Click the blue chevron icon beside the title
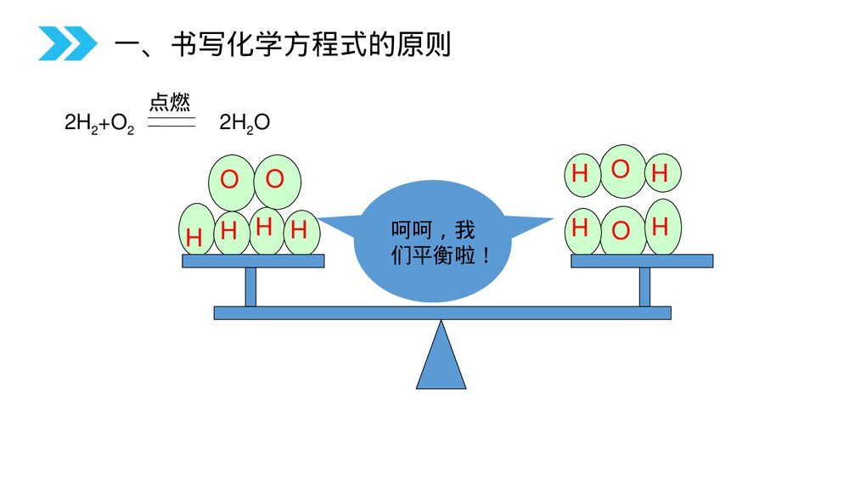pos(67,43)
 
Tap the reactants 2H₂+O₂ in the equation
pos(99,123)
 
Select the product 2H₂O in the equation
pos(245,123)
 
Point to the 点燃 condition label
pos(170,104)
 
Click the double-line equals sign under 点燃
pos(171,124)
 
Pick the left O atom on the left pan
pos(229,180)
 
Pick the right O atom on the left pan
pos(275,179)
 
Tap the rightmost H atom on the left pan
pos(299,230)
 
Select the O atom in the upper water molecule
pos(621,170)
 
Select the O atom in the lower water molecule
pos(621,230)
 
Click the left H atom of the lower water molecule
pos(581,228)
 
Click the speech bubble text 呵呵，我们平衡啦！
pos(440,243)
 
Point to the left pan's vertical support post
pos(250,286)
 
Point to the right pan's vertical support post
pos(644,286)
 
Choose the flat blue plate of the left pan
pos(253,261)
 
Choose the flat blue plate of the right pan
pos(642,261)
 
